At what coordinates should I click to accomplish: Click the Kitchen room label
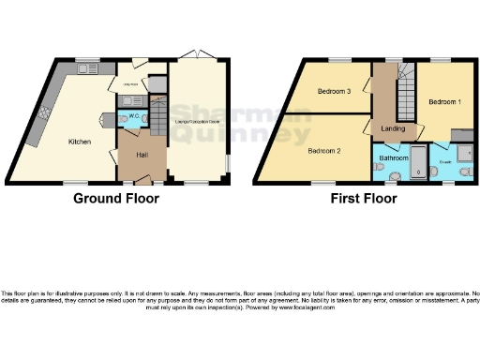(x=78, y=142)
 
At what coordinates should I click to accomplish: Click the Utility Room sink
(x=131, y=99)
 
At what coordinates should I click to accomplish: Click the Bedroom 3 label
(x=334, y=92)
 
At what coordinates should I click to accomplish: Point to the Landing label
(x=392, y=129)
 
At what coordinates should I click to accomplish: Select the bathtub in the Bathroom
(x=416, y=163)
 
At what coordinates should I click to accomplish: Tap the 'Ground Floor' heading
(x=116, y=199)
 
